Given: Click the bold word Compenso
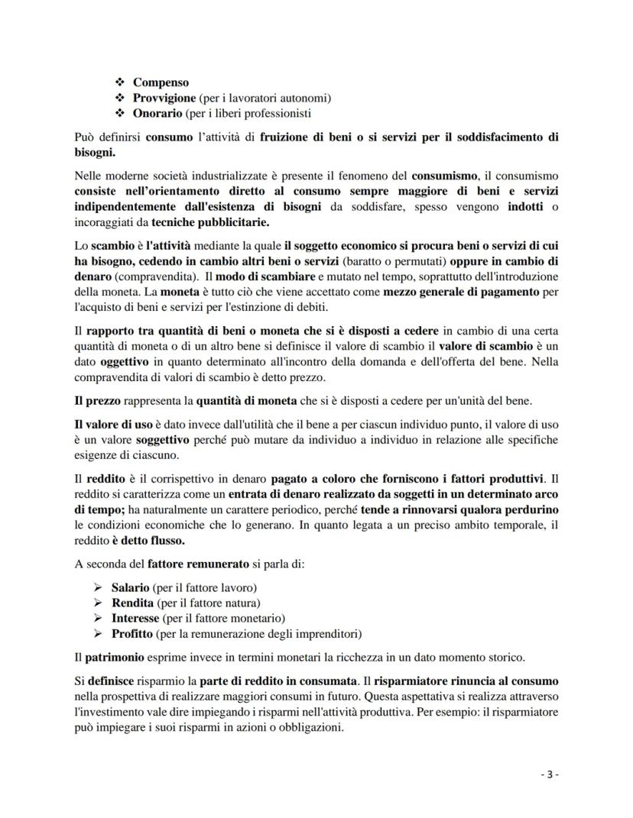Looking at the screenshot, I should click(161, 82).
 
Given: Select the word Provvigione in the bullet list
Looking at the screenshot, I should click(165, 98).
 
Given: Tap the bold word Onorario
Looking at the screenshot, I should click(158, 113).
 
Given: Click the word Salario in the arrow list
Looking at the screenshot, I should click(130, 587).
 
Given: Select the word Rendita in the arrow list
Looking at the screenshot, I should click(132, 603).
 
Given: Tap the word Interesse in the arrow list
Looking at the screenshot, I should click(135, 618).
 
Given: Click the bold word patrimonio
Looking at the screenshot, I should click(122, 658).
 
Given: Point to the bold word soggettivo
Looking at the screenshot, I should click(163, 440).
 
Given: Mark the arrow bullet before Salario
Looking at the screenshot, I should click(97, 587).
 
